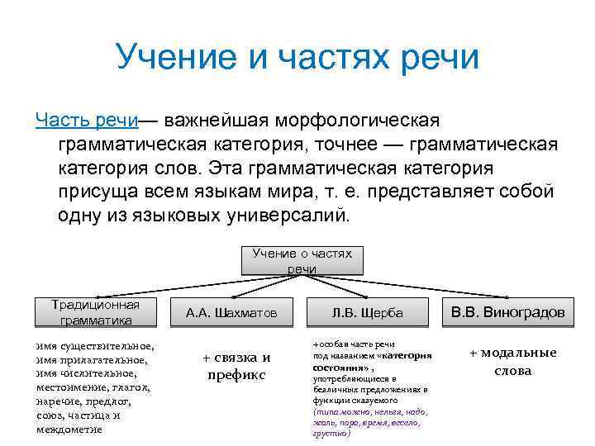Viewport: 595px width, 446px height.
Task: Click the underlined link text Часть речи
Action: click(87, 121)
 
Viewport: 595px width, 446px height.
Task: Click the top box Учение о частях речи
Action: click(302, 261)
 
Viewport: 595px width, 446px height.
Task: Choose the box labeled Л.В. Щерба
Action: click(367, 313)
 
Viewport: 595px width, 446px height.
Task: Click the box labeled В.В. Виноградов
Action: click(507, 312)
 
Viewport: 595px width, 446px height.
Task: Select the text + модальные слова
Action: click(512, 361)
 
